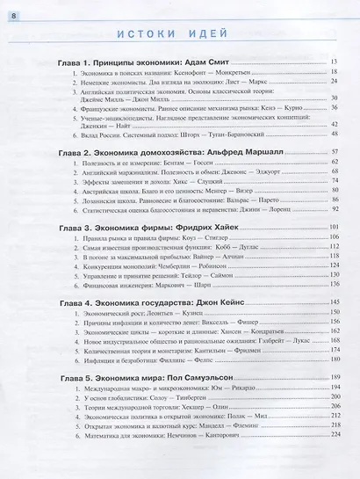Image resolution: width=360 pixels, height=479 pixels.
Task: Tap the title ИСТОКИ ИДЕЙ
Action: coord(179,35)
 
